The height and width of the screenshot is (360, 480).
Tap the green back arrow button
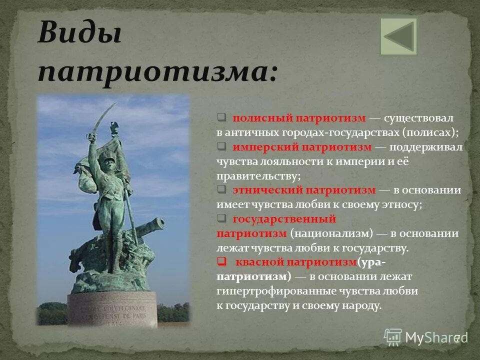[398, 36]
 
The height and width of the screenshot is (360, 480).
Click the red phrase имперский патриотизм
[302, 147]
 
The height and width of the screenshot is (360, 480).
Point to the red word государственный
[284, 219]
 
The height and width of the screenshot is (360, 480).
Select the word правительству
[258, 176]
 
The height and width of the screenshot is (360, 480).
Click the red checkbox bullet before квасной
[221, 262]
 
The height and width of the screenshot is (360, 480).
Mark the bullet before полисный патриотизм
[221, 118]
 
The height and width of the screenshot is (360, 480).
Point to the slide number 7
[456, 338]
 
